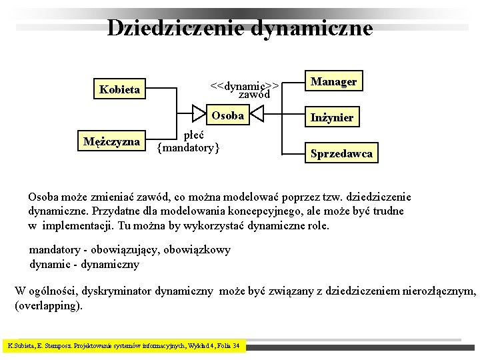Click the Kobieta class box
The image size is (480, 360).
120,89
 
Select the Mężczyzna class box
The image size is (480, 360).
111,141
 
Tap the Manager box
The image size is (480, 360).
333,81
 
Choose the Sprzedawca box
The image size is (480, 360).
341,154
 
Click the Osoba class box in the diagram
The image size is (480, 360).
227,115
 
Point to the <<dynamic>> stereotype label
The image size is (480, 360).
244,85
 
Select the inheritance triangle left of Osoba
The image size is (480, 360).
199,115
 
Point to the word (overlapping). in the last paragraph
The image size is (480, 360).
49,307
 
